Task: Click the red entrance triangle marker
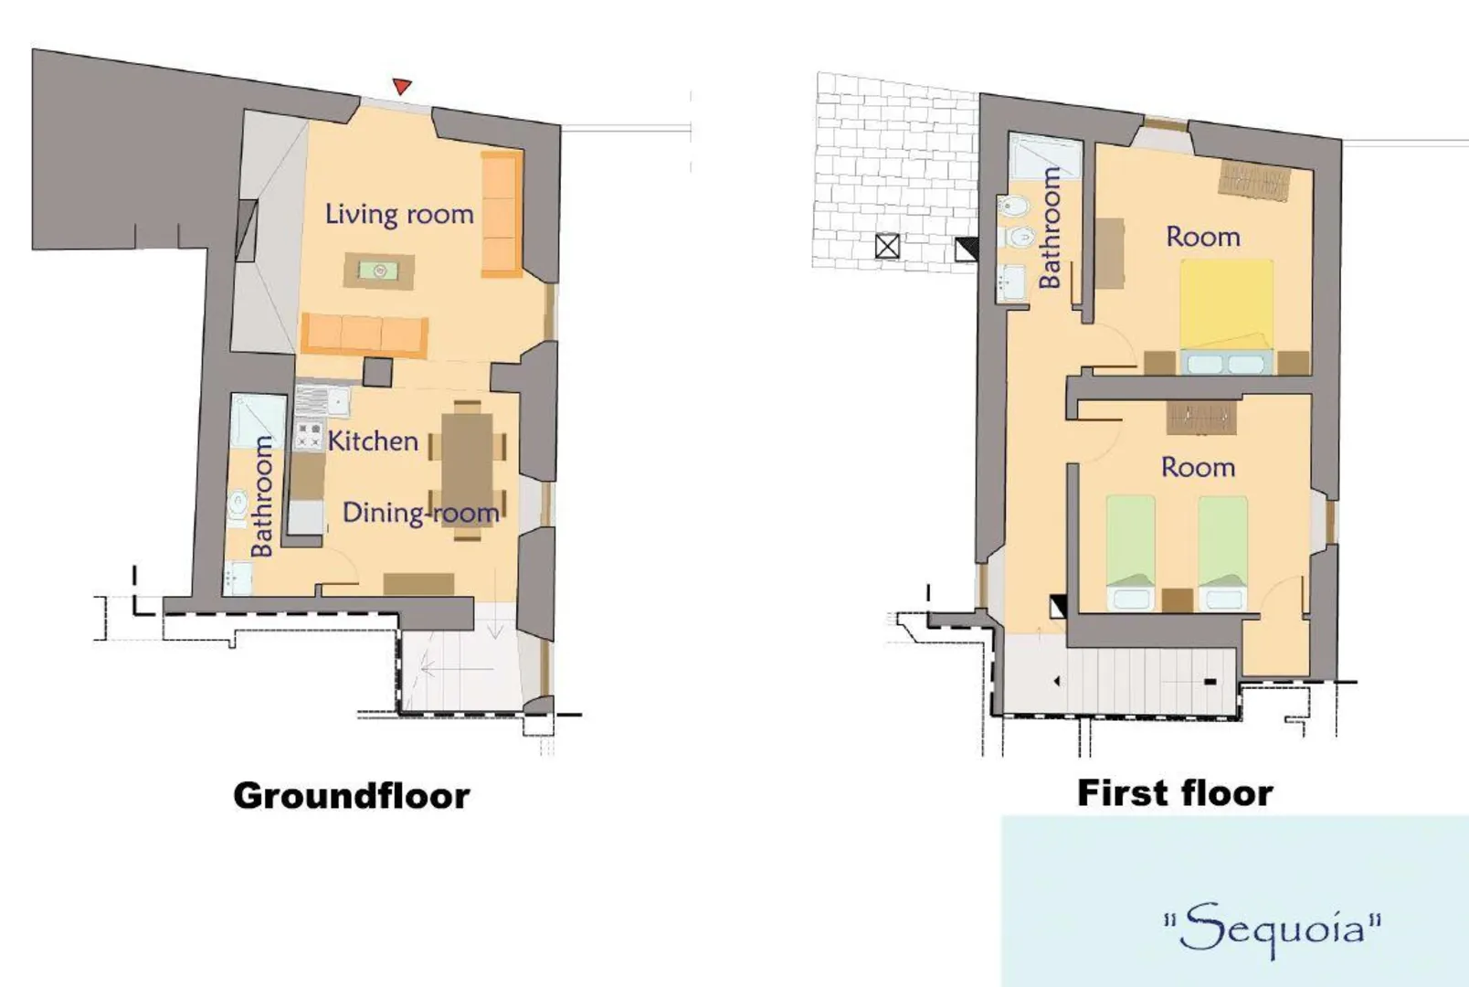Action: [x=401, y=86]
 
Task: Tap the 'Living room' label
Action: [x=399, y=215]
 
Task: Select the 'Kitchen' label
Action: [x=373, y=441]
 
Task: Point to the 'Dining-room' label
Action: [x=421, y=514]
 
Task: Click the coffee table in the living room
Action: [x=378, y=271]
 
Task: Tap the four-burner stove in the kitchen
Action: [x=308, y=437]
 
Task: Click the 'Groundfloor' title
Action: [x=352, y=796]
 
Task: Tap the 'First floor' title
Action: [x=1175, y=792]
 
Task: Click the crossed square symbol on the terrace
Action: [x=887, y=247]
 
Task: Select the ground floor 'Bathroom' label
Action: [x=262, y=497]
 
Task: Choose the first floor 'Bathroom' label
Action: [x=1050, y=227]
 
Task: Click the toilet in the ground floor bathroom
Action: [x=237, y=506]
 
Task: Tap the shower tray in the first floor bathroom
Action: [x=1043, y=155]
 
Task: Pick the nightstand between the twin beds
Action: [x=1178, y=600]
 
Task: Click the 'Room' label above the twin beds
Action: [x=1199, y=468]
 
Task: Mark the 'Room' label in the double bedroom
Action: [x=1203, y=237]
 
